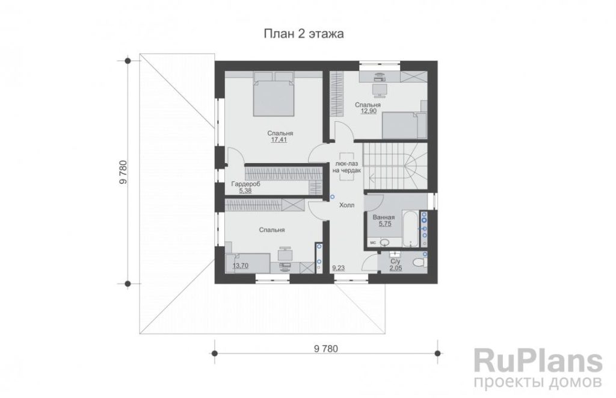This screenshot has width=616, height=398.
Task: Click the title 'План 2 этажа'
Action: click(303, 34)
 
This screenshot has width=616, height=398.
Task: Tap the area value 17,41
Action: click(279, 140)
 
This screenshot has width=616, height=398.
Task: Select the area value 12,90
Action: click(369, 111)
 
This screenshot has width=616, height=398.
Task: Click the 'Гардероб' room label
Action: click(245, 184)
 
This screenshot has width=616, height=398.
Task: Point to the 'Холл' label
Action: click(346, 205)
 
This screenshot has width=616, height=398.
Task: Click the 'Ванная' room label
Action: click(383, 217)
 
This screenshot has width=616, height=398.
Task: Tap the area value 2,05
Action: click(396, 268)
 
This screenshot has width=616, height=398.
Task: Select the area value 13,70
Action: click(241, 266)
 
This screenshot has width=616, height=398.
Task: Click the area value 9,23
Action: click(339, 268)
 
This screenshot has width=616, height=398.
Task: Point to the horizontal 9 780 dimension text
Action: click(325, 349)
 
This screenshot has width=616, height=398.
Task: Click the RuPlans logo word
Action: click(538, 361)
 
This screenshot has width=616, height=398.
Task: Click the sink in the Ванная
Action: click(384, 243)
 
